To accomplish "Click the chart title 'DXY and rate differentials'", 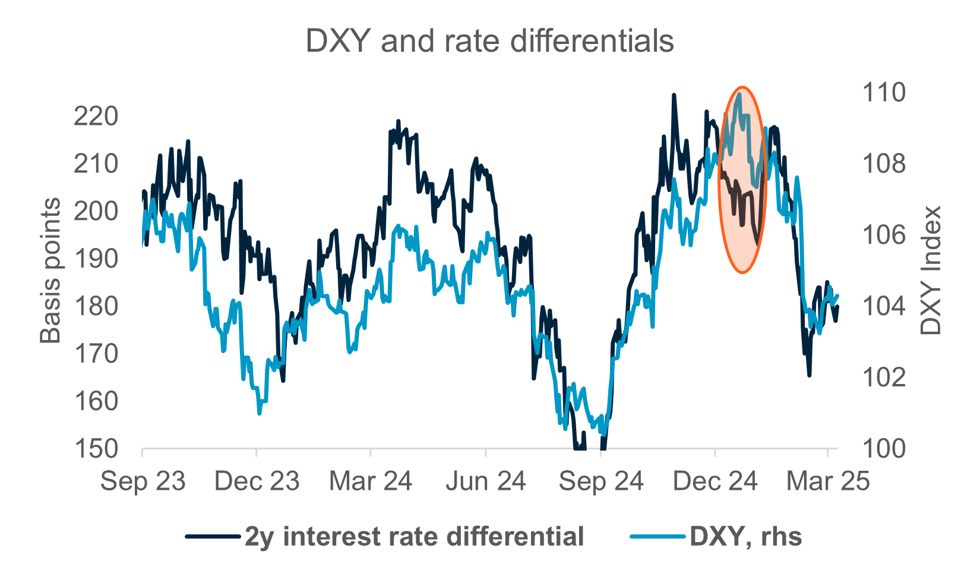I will [x=489, y=42].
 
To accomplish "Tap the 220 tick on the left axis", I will [x=96, y=117].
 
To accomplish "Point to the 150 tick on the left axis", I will [x=96, y=449].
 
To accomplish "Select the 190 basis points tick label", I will [x=96, y=259].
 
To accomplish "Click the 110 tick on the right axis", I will [x=884, y=93].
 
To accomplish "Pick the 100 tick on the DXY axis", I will [x=884, y=449].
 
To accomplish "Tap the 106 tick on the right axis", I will [x=884, y=235].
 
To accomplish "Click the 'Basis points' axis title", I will [x=50, y=271].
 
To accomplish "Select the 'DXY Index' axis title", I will [x=931, y=270].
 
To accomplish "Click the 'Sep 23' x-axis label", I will [x=143, y=481].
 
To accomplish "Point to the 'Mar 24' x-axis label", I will [x=370, y=481].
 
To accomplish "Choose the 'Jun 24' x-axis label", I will [x=485, y=481].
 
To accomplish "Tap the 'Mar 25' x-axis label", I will [x=827, y=481].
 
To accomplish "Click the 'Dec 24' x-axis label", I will [x=715, y=481].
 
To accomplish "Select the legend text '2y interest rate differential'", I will [x=414, y=537].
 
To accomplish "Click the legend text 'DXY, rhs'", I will [x=745, y=537].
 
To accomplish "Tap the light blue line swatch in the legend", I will [x=657, y=537].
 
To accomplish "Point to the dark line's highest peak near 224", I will [x=674, y=95].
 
